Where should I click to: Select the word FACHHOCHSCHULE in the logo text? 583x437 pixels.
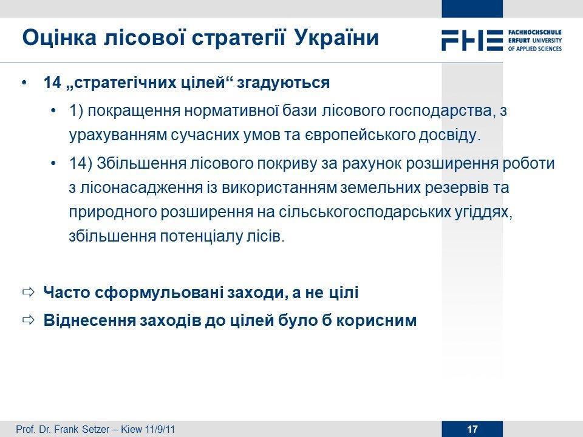(x=534, y=32)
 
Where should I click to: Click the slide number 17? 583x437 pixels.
(x=472, y=429)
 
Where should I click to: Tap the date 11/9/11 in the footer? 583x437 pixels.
(x=160, y=429)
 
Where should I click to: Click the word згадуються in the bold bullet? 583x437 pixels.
(x=284, y=83)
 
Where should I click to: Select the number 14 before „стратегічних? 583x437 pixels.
(x=52, y=82)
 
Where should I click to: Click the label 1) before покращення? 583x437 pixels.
(x=77, y=110)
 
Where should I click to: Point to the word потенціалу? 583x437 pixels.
(x=202, y=237)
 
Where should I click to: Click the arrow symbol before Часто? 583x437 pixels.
(x=29, y=292)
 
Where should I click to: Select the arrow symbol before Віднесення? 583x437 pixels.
(x=29, y=320)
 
